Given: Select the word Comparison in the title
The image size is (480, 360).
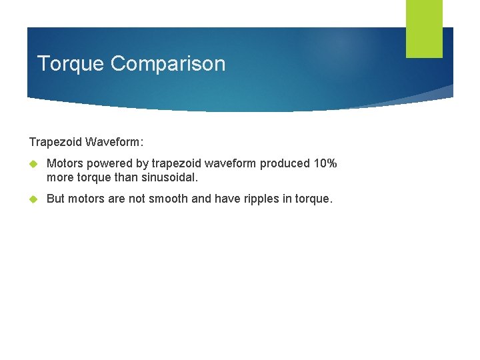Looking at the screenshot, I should click(168, 64).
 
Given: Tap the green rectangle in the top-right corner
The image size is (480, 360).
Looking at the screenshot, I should click(424, 29).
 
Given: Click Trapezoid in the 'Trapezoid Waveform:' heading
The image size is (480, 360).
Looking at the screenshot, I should click(56, 142).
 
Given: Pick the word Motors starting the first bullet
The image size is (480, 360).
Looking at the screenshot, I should click(64, 164).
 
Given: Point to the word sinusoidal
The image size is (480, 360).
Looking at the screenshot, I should click(169, 178).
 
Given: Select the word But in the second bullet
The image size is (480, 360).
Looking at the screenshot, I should click(56, 199).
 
